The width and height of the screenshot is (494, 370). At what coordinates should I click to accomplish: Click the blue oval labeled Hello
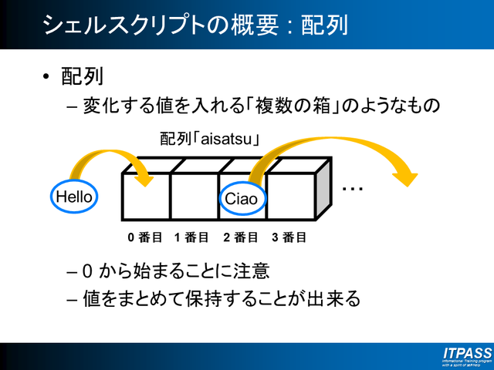[75, 197]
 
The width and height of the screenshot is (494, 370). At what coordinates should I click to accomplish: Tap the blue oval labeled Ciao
[241, 199]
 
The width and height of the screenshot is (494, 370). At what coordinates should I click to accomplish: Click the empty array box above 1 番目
[194, 197]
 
